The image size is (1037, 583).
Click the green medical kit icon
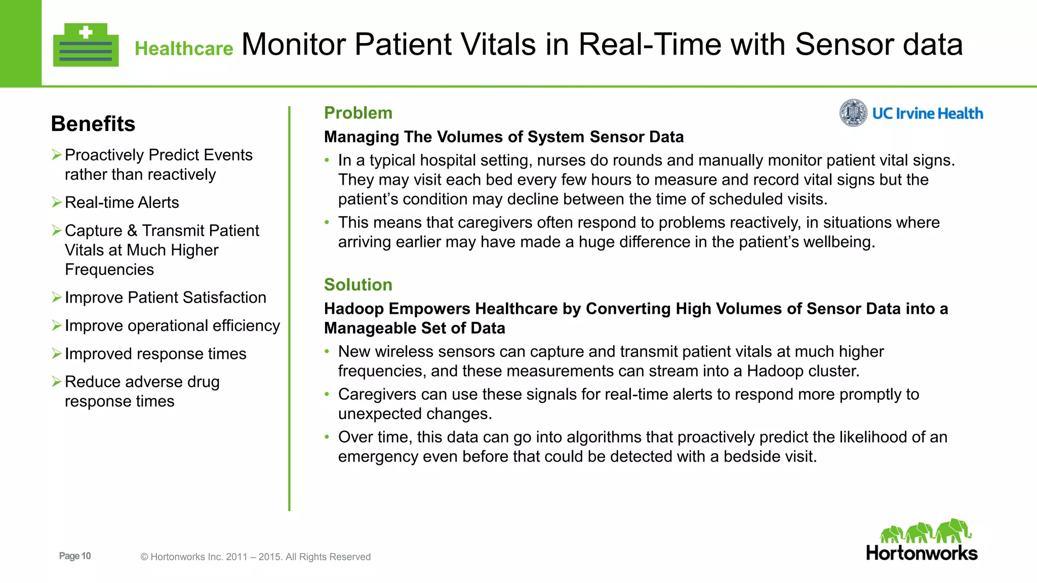coord(86,46)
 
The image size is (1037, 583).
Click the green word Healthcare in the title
coord(184,49)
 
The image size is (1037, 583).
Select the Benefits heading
coord(93,124)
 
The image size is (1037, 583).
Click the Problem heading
coord(358,113)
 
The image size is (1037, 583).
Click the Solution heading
coord(358,285)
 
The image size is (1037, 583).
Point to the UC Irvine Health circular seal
coord(853,113)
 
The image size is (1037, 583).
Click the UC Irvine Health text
coord(927,113)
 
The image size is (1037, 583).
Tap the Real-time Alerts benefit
coord(122,202)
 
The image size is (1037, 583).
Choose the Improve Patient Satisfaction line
coord(165,298)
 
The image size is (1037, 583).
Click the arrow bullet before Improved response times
coord(57,353)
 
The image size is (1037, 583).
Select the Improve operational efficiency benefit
coord(172,325)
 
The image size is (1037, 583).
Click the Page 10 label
coord(75,556)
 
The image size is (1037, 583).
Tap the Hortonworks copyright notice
coord(255,557)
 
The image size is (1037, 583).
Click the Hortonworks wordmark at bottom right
coord(922,553)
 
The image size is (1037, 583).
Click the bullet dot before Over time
coord(327,437)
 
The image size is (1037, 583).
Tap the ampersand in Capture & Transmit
coord(132,231)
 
